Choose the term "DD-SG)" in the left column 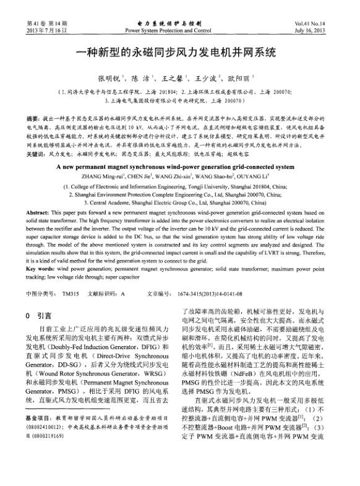coord(70,366)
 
